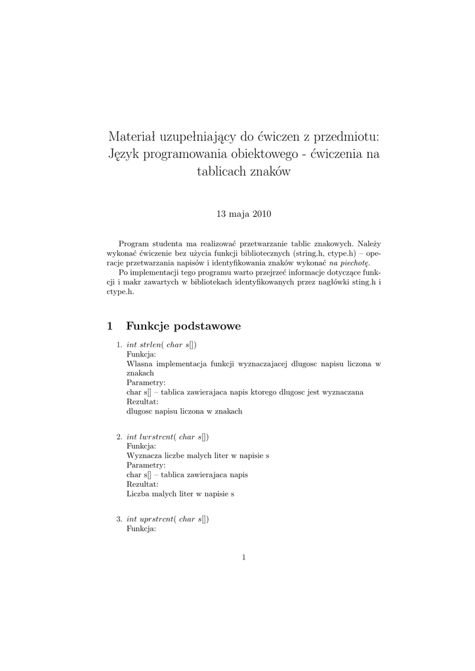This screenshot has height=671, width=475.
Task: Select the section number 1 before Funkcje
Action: click(110, 326)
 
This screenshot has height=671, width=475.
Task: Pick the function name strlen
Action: click(150, 345)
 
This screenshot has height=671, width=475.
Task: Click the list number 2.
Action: click(119, 436)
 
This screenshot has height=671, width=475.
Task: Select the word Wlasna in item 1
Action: click(138, 363)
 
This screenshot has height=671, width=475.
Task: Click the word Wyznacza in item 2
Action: click(143, 455)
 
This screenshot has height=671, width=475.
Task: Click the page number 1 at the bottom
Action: click(243, 558)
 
